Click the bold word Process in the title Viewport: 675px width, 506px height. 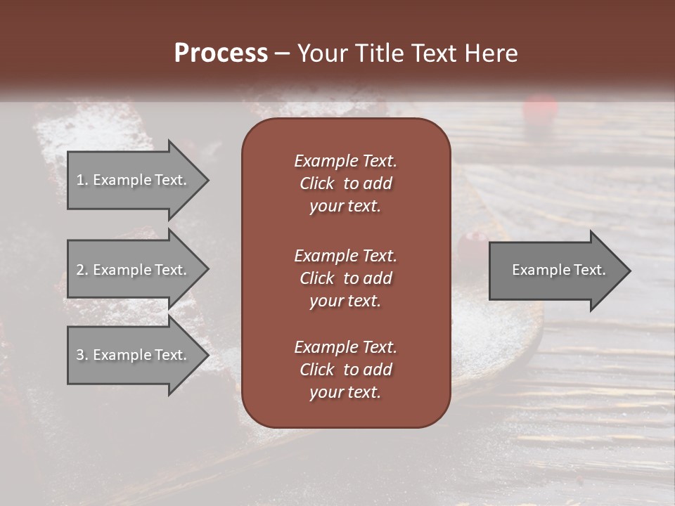point(221,53)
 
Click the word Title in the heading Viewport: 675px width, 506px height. point(380,53)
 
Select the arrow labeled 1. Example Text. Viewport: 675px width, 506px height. point(134,180)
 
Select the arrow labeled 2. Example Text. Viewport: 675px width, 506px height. point(134,270)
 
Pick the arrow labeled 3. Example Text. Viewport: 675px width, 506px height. point(134,355)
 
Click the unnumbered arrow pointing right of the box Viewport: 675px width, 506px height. point(555,270)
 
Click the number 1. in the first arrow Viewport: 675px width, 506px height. point(82,180)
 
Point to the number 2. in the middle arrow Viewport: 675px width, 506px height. point(82,270)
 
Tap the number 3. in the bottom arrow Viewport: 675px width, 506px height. point(82,355)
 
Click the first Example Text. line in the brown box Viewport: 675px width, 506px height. point(345,161)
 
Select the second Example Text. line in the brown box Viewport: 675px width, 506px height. point(345,255)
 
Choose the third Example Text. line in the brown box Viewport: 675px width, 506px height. point(345,347)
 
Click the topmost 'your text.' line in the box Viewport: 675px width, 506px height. point(345,207)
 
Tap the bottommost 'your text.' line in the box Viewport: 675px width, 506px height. point(345,393)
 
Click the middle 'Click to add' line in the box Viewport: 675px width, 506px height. point(345,278)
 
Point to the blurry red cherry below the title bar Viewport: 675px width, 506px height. point(540,108)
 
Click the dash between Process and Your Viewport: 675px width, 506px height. point(282,53)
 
